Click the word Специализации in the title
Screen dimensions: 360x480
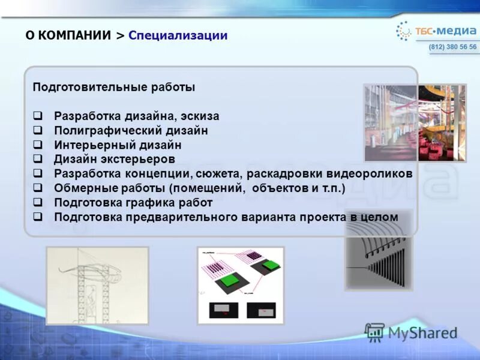tap(178, 35)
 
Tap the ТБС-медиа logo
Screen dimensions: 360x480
tap(436, 30)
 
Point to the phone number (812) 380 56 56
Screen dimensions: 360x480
tap(453, 47)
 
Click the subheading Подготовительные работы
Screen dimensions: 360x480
tap(113, 87)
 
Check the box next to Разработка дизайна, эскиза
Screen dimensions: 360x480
tap(37, 116)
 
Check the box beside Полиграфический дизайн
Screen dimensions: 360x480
tap(37, 130)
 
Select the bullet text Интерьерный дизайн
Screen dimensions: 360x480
tap(118, 145)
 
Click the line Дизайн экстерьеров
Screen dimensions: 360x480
tap(115, 159)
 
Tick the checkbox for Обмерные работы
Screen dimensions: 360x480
tap(37, 188)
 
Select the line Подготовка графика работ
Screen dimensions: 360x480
tap(133, 203)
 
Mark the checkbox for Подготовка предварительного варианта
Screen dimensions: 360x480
tap(37, 217)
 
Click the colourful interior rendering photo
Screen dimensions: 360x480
tap(415, 122)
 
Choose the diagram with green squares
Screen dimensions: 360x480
tap(241, 286)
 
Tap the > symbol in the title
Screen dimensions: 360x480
tap(120, 35)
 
